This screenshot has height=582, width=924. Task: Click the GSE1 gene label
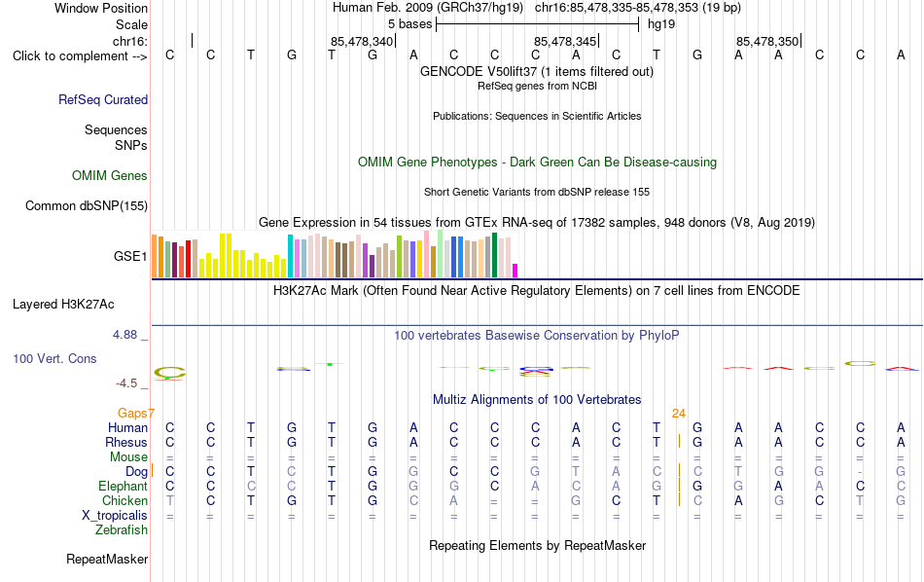click(130, 256)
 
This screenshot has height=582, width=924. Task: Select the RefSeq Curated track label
click(103, 99)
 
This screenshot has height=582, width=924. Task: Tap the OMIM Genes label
click(110, 176)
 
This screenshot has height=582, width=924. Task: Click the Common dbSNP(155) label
click(87, 205)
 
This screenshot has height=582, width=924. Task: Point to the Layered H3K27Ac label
click(63, 305)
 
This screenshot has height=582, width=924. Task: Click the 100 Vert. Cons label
click(54, 358)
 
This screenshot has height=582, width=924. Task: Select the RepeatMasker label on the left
click(107, 559)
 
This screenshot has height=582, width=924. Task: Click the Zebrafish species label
click(122, 529)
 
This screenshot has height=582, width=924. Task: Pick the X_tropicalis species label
click(115, 516)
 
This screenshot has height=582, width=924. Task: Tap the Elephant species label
click(124, 486)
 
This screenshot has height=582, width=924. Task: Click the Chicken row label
click(124, 500)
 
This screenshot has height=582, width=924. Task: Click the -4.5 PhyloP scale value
click(126, 383)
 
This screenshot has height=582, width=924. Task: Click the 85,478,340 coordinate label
click(362, 41)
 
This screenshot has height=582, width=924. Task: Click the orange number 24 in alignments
click(679, 414)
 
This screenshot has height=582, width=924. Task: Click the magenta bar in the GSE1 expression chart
click(515, 271)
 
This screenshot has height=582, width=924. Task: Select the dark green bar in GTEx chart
click(495, 255)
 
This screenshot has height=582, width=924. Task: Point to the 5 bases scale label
click(410, 24)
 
